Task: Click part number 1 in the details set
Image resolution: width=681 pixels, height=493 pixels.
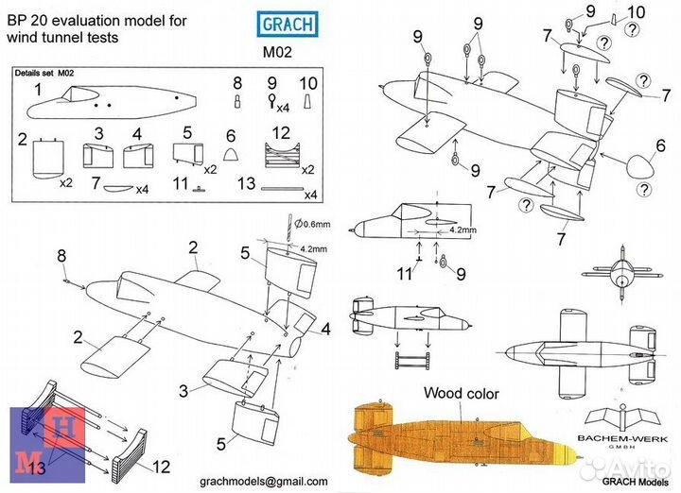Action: (x=38, y=89)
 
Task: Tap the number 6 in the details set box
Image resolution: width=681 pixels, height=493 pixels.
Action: (x=230, y=136)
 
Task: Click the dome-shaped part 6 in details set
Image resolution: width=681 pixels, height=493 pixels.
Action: (x=230, y=154)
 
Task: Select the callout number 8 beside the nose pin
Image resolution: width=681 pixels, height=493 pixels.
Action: (x=62, y=255)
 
